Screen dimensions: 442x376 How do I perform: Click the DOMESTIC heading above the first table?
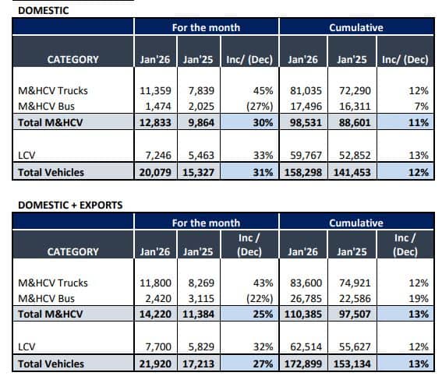pos(44,11)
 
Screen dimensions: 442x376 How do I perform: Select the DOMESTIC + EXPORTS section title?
pos(70,206)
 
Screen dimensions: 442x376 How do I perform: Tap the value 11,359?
pos(155,90)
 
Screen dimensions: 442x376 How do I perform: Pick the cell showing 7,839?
pos(201,90)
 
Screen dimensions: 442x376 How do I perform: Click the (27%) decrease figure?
pos(260,107)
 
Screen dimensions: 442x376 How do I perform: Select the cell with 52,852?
pos(355,155)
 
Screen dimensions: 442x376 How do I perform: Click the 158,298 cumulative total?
pos(303,172)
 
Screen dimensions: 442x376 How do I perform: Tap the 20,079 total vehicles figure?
pos(155,172)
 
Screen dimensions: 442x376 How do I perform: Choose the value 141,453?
pos(352,172)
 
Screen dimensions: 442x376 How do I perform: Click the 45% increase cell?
pos(263,90)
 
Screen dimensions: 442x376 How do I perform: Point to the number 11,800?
pos(155,283)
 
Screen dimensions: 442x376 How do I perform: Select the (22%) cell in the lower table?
pos(260,299)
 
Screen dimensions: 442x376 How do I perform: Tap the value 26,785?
pos(306,299)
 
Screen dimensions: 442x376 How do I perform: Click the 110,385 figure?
pos(303,314)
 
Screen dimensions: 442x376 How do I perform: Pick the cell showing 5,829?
pos(201,346)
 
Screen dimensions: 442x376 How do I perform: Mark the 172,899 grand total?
pos(303,364)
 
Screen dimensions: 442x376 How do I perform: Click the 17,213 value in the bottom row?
pos(199,364)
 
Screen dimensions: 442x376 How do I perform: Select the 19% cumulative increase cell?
pos(419,299)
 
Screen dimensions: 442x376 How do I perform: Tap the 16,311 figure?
pos(355,107)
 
